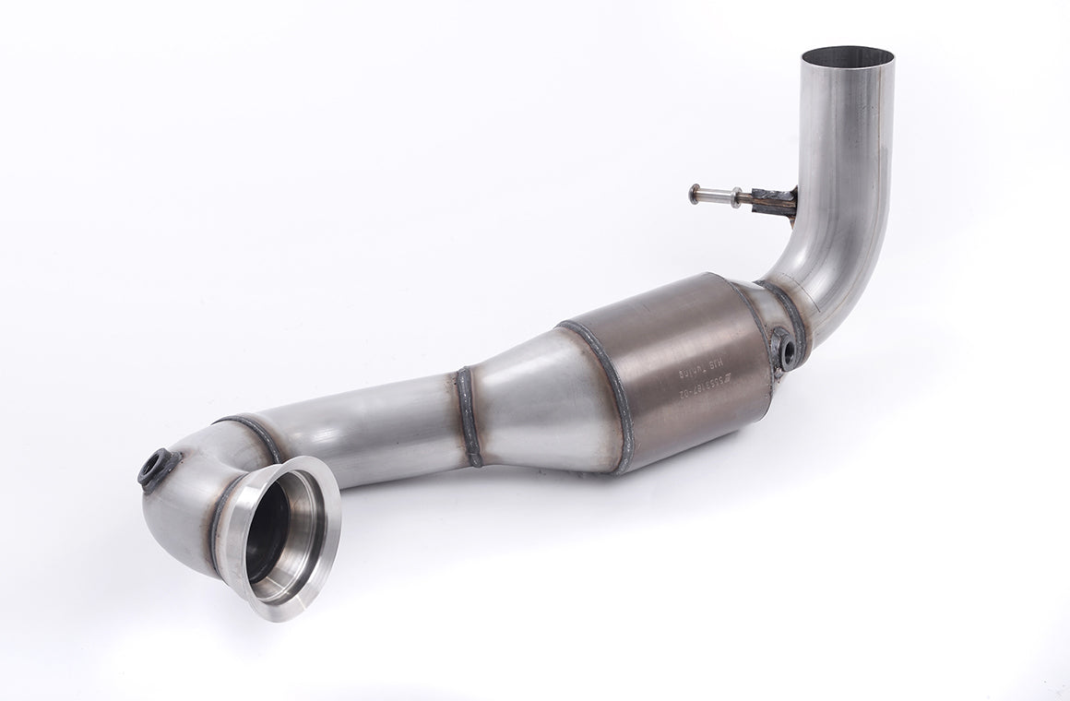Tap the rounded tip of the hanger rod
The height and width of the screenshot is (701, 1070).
pos(694,194)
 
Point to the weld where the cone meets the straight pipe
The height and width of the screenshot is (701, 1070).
pos(469,415)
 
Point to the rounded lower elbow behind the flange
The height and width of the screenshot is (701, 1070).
pos(184,507)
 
